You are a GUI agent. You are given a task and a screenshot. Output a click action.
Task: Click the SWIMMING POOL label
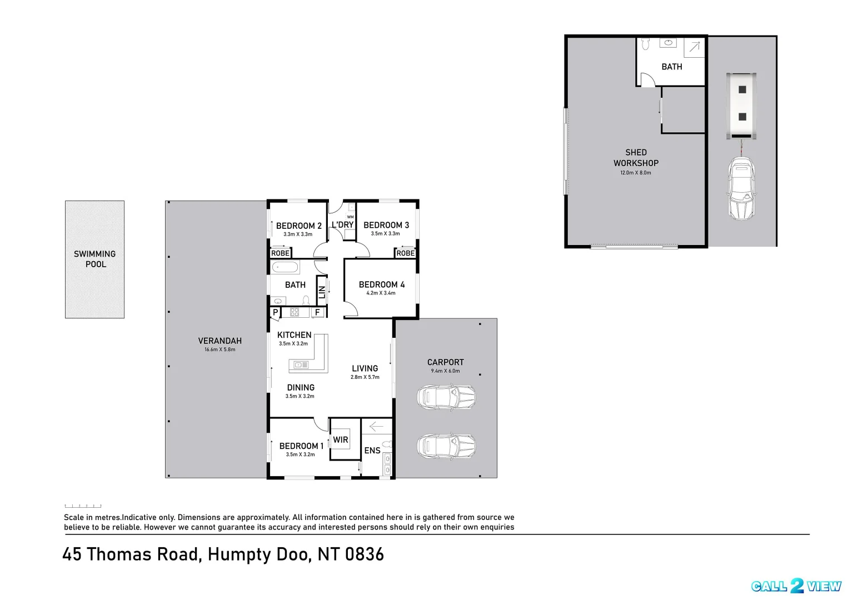pos(94,259)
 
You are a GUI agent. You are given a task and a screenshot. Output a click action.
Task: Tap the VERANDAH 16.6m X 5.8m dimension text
pos(220,349)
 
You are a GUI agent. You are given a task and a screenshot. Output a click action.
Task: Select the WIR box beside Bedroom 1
pos(340,439)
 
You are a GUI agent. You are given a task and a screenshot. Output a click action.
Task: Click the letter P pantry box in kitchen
pos(276,312)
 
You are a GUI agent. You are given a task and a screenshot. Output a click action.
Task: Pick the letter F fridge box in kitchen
pos(318,312)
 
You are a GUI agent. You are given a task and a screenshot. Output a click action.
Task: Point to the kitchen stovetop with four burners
pos(295,312)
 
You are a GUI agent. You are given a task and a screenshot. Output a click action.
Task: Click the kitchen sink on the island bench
pos(301,365)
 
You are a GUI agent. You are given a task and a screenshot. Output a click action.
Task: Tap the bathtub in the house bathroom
pos(285,267)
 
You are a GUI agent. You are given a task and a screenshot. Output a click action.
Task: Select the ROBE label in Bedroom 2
pos(281,253)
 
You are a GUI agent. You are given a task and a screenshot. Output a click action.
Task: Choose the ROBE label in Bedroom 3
pos(406,253)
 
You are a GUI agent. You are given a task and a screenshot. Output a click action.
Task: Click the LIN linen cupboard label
pos(322,292)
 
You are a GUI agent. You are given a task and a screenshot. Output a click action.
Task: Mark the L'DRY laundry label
pos(343,224)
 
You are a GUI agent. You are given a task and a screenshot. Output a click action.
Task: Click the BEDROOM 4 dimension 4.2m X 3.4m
pos(381,293)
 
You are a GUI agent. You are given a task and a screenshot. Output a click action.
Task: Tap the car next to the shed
pos(742,188)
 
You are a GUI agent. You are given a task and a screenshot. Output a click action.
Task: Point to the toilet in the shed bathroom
pos(646,44)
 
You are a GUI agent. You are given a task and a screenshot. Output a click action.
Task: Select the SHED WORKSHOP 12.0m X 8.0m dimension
pos(636,173)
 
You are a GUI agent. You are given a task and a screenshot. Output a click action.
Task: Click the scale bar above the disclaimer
pos(83,506)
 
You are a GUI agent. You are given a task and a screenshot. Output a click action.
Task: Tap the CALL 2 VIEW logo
pos(796,586)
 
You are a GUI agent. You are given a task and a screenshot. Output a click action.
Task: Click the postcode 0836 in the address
pos(365,554)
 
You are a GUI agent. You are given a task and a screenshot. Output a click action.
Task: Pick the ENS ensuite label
pos(372,451)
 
